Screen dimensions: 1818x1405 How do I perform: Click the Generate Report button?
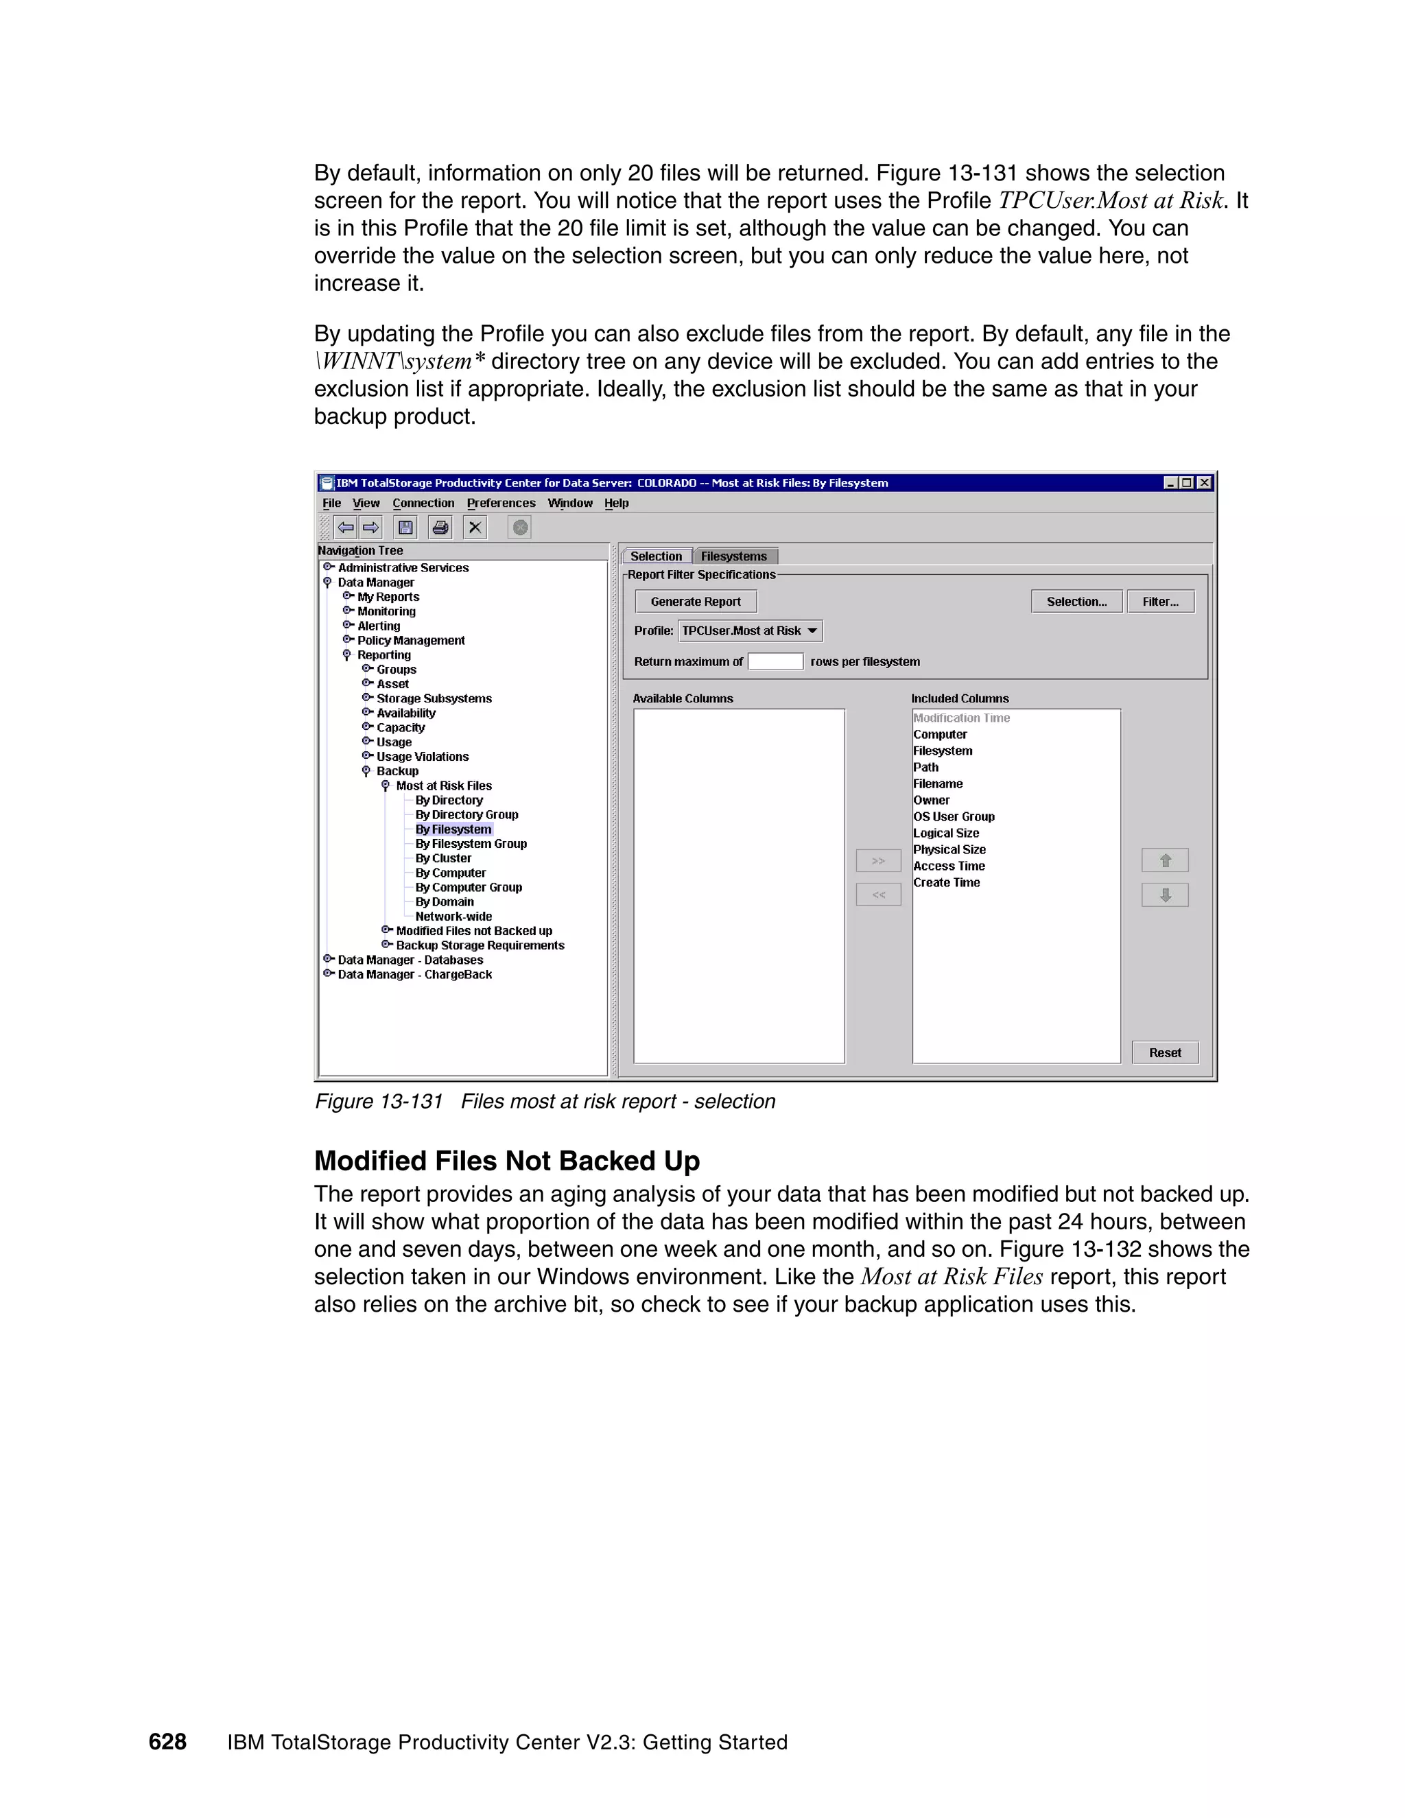[695, 601]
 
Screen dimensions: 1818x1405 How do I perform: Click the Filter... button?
[1159, 601]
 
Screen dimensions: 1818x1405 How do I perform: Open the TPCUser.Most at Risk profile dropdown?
[750, 631]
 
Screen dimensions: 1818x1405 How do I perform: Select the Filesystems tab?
[733, 556]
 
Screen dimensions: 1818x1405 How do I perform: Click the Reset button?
[1164, 1052]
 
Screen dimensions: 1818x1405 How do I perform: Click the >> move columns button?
[878, 861]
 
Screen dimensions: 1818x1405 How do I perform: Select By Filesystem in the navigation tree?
[453, 829]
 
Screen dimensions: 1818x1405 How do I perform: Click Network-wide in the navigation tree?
[453, 917]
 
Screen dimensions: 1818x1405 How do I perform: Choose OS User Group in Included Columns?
[954, 816]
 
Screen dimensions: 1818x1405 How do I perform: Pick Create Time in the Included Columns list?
[946, 882]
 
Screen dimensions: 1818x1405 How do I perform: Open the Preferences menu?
[501, 503]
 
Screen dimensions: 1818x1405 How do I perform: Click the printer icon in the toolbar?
[440, 527]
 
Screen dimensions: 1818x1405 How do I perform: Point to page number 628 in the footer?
[167, 1741]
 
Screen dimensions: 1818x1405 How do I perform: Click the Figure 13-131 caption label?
[379, 1101]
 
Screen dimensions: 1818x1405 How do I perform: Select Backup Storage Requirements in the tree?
[480, 945]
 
